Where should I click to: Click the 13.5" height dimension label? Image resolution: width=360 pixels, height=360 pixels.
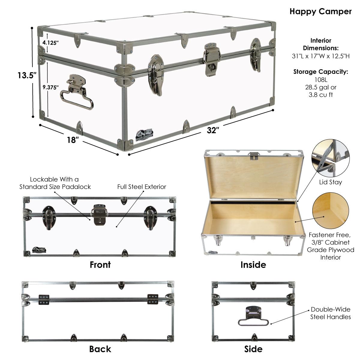(27, 75)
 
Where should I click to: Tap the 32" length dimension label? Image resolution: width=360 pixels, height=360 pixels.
(213, 130)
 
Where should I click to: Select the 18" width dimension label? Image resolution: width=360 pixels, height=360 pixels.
(73, 140)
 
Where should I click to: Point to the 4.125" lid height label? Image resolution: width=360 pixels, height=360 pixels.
(50, 43)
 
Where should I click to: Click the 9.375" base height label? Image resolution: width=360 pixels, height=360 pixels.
(51, 87)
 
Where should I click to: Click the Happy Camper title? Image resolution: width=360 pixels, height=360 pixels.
(321, 12)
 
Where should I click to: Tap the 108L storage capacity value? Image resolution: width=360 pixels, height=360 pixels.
(321, 80)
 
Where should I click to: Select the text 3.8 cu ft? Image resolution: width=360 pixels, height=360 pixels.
(321, 95)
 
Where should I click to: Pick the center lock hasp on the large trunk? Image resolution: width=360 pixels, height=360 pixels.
(212, 59)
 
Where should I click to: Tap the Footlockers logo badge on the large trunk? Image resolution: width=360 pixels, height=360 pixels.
(144, 135)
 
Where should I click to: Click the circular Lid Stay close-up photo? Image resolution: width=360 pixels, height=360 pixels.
(331, 158)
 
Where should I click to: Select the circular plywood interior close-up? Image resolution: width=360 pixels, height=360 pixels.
(331, 211)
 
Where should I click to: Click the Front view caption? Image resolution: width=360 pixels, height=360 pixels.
(100, 265)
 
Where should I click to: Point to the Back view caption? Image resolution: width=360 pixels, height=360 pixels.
(100, 349)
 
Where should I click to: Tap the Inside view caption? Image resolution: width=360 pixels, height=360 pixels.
(253, 265)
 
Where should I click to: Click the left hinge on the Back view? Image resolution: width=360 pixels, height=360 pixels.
(44, 300)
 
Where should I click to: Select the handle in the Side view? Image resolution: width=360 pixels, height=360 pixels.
(253, 316)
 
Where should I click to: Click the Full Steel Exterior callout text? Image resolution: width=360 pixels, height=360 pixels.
(142, 187)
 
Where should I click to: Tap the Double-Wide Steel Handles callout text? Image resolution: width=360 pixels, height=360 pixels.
(331, 313)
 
